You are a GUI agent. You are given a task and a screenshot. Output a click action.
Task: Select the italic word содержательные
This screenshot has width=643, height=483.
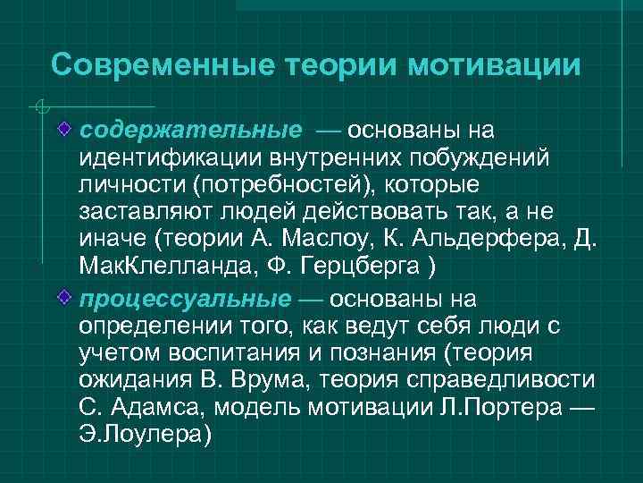point(190,131)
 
